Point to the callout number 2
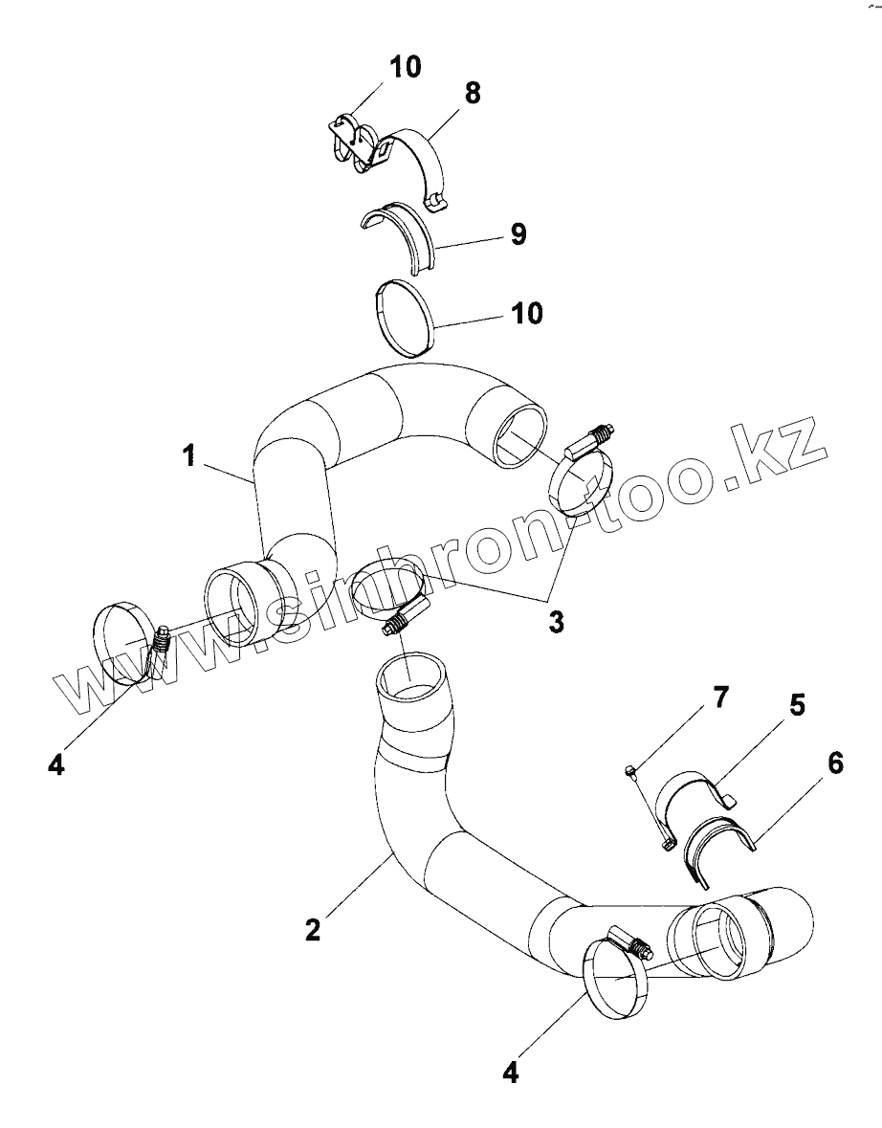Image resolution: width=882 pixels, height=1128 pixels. point(313,928)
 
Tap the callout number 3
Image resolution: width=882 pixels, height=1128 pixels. point(556,621)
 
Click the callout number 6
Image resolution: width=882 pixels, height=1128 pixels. point(835,764)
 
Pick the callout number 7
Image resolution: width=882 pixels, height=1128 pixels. point(718,697)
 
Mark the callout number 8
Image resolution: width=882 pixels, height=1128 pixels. point(472,93)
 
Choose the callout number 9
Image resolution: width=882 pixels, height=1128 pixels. point(518,234)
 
